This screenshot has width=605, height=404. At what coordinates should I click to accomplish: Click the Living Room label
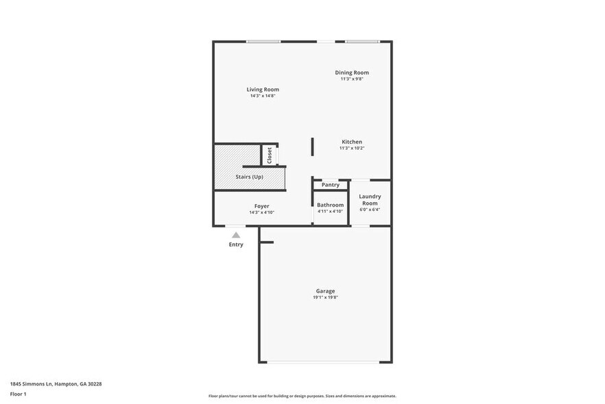pyautogui.click(x=263, y=89)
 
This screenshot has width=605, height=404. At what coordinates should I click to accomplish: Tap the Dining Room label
pyautogui.click(x=352, y=72)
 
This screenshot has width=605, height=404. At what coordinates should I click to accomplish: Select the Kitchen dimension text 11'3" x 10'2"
pyautogui.click(x=352, y=148)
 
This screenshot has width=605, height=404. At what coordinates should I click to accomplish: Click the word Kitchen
pyautogui.click(x=352, y=142)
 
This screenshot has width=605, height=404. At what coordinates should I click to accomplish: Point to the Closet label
pyautogui.click(x=270, y=155)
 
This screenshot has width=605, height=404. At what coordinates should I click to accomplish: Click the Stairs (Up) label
pyautogui.click(x=249, y=177)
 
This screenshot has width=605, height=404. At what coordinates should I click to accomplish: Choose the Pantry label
pyautogui.click(x=331, y=185)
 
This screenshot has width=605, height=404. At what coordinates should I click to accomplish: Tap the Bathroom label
pyautogui.click(x=330, y=205)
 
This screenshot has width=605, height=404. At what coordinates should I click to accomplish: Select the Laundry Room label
pyautogui.click(x=370, y=199)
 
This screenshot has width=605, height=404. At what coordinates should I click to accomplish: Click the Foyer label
pyautogui.click(x=261, y=206)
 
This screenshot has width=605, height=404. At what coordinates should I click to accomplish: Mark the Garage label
pyautogui.click(x=325, y=291)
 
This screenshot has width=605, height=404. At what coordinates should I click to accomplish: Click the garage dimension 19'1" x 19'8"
pyautogui.click(x=325, y=298)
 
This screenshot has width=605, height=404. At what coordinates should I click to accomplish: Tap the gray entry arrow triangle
pyautogui.click(x=236, y=235)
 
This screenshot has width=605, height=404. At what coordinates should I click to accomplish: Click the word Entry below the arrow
pyautogui.click(x=236, y=245)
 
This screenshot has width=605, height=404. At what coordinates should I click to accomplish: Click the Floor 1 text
pyautogui.click(x=18, y=394)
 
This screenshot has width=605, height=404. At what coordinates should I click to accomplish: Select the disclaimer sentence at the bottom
pyautogui.click(x=302, y=396)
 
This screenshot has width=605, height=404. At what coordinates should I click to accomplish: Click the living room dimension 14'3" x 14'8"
pyautogui.click(x=263, y=96)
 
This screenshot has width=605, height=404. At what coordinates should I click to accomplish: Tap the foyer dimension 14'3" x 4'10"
pyautogui.click(x=261, y=212)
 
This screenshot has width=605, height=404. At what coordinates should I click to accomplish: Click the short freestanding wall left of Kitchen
pyautogui.click(x=313, y=147)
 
